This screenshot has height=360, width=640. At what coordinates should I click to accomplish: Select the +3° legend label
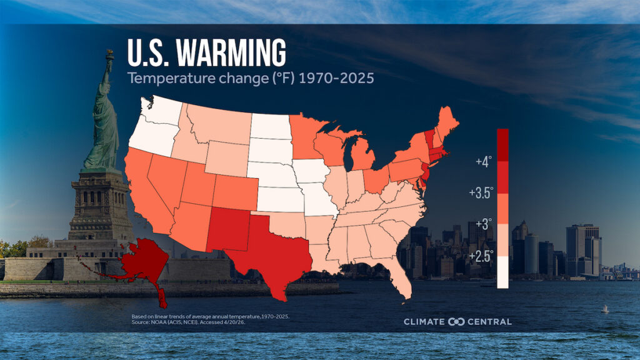[x=482, y=224]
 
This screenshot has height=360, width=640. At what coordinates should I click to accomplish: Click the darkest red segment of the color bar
[x=502, y=144]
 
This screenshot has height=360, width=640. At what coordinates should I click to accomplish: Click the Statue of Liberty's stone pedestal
[x=100, y=206]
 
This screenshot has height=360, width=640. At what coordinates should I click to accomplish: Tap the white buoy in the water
[x=604, y=309]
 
